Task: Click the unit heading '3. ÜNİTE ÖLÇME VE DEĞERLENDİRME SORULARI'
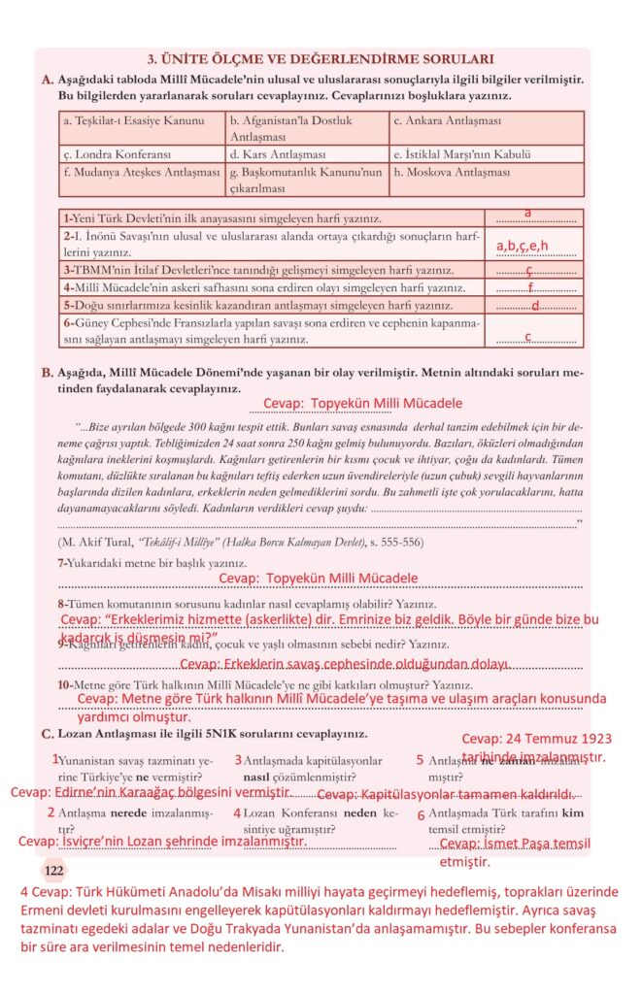[x=320, y=59]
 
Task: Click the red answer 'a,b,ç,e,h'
[x=523, y=246]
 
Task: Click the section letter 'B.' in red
[x=47, y=372]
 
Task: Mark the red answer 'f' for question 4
[x=530, y=287]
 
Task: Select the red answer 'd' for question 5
[x=534, y=306]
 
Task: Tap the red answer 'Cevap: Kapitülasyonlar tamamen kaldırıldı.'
[x=446, y=794]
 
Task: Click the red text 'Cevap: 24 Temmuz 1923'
[x=536, y=739]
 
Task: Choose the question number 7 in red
[x=62, y=563]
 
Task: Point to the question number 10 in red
[x=65, y=684]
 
